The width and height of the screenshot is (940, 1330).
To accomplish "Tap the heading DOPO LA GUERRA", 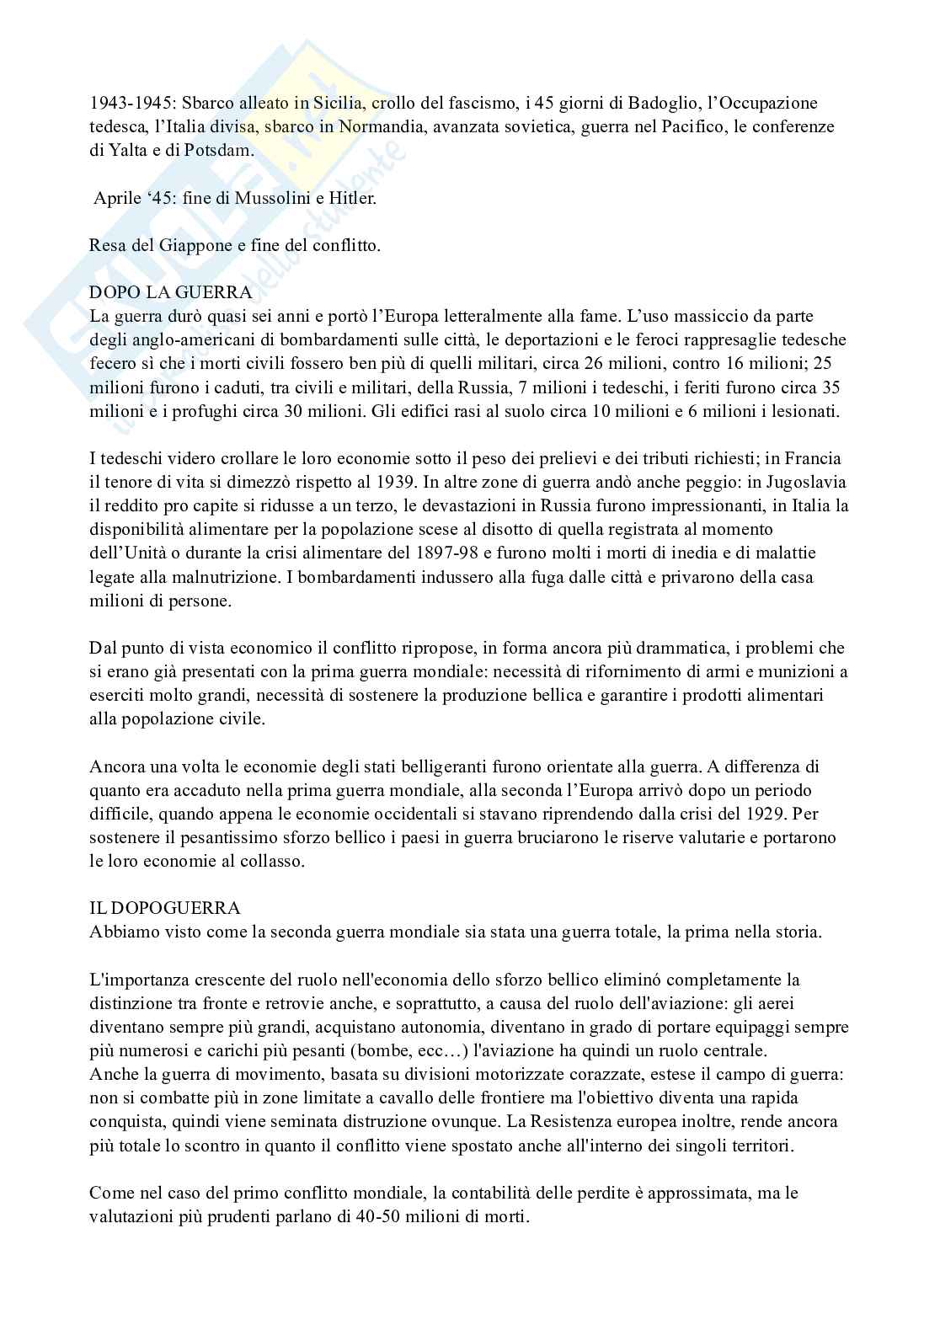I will click(170, 293).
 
